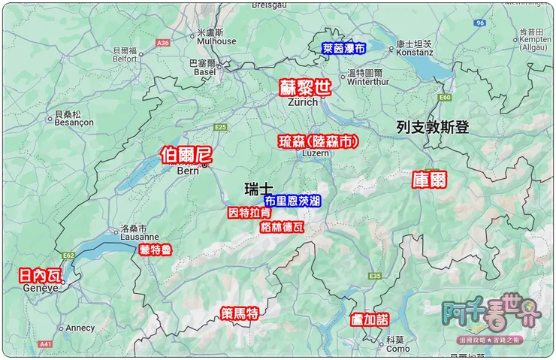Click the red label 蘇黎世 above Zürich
[304, 86]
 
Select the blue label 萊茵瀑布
[343, 47]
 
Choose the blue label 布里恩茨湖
[292, 200]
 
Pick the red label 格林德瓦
[282, 226]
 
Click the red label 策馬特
[240, 313]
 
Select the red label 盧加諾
[370, 319]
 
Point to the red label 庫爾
[429, 180]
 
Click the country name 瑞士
[258, 187]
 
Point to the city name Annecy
[80, 328]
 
